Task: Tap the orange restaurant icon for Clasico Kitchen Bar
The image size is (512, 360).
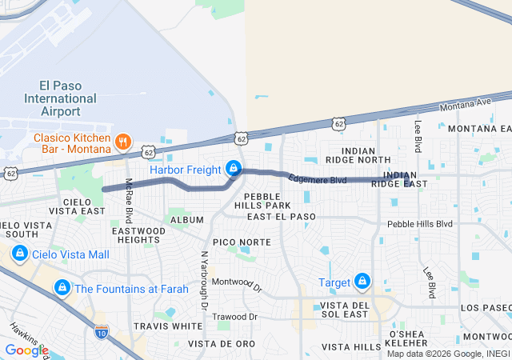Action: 122,142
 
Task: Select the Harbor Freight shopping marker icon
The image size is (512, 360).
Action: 234,169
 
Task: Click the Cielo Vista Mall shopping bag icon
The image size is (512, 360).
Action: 19,254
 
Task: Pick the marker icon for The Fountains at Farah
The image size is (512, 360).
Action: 62,288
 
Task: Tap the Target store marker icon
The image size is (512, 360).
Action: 363,282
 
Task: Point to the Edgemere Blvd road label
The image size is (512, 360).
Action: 318,180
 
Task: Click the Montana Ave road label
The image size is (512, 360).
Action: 466,104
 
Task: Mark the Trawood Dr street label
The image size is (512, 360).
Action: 235,317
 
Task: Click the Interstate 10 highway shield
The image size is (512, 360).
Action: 102,330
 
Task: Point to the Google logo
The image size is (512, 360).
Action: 26,350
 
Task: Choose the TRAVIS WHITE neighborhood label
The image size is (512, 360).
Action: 168,326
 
